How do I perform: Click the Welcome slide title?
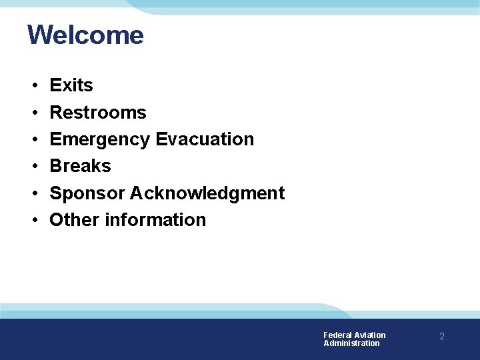(x=85, y=35)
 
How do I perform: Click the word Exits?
(x=71, y=85)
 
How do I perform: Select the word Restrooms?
(x=98, y=112)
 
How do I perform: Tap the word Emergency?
(x=100, y=139)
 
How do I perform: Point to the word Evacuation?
(x=205, y=139)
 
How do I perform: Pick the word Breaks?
(x=80, y=165)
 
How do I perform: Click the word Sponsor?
(x=87, y=193)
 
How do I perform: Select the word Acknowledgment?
(x=207, y=193)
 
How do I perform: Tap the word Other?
(x=75, y=219)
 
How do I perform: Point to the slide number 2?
(x=441, y=337)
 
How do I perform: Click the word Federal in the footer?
(x=337, y=335)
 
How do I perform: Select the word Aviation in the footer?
(x=370, y=335)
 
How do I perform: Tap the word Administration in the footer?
(x=351, y=343)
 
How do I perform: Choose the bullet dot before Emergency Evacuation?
(x=33, y=140)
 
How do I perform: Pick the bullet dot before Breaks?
(x=33, y=167)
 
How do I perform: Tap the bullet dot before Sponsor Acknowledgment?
(x=33, y=194)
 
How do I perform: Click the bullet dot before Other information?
(x=33, y=221)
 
